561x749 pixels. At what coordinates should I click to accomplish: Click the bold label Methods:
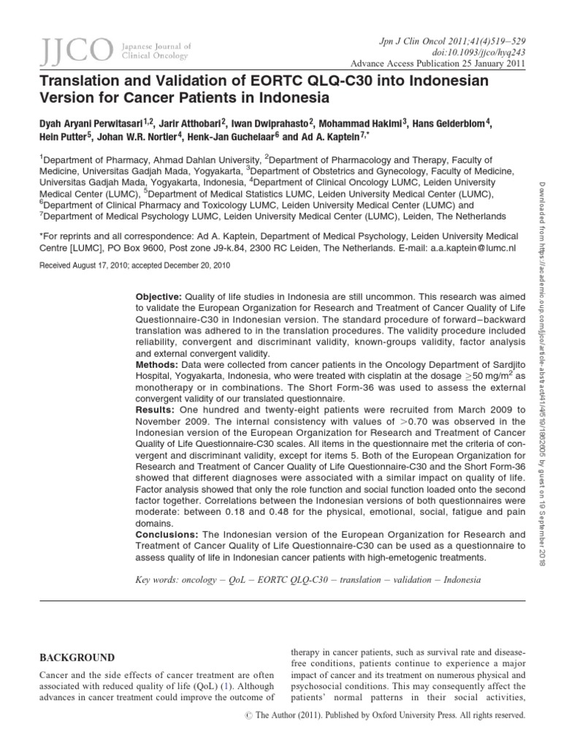pyautogui.click(x=156, y=364)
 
